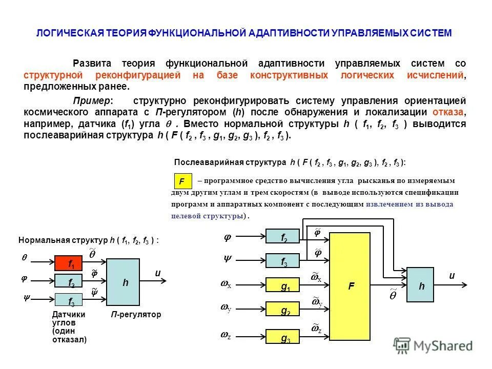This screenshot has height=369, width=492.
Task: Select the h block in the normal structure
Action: click(x=125, y=282)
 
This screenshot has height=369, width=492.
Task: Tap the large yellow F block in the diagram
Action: click(x=352, y=286)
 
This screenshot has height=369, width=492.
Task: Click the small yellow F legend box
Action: click(x=182, y=181)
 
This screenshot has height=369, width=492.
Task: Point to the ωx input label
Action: click(x=225, y=284)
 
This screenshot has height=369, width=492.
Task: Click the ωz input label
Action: click(x=225, y=335)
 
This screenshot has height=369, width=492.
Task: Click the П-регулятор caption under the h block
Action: click(x=136, y=315)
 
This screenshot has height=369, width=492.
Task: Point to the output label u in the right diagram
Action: click(x=452, y=276)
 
